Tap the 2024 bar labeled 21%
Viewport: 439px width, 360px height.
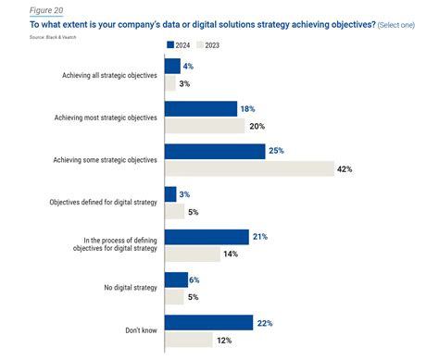pyautogui.click(x=206, y=236)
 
